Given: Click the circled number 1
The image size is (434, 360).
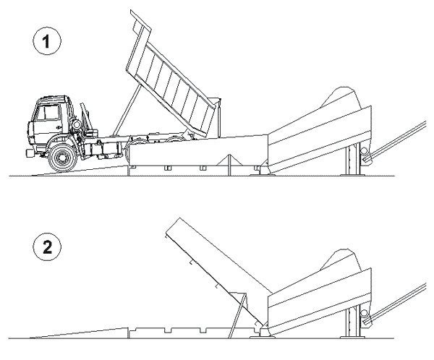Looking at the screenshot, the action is pyautogui.click(x=46, y=41).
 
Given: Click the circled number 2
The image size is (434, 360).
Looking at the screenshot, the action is pyautogui.click(x=46, y=247).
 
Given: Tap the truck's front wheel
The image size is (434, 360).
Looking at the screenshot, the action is pyautogui.click(x=62, y=158).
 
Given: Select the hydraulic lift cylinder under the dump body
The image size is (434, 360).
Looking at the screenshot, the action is pyautogui.click(x=127, y=110).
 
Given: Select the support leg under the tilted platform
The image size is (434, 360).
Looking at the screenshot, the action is pyautogui.click(x=237, y=315).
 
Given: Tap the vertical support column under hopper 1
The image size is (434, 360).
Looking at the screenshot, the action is pyautogui.click(x=352, y=160).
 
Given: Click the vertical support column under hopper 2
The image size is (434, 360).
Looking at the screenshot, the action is pyautogui.click(x=352, y=322).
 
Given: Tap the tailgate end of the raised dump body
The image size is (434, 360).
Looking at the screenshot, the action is pyautogui.click(x=141, y=21).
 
